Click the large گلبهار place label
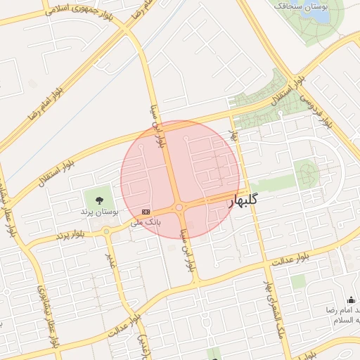(243, 201)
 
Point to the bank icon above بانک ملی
(146, 212)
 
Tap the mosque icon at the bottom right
(351, 300)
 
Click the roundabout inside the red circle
(180, 207)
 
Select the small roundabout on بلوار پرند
(106, 231)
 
